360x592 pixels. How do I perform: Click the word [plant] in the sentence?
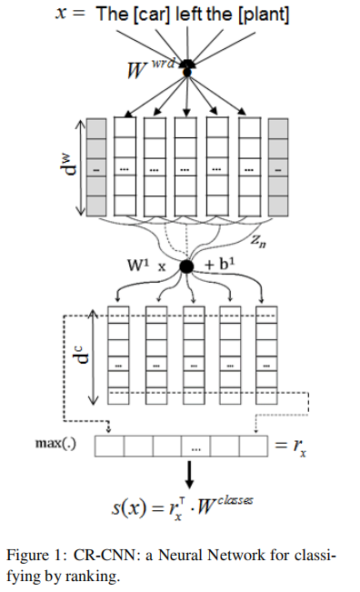(265, 16)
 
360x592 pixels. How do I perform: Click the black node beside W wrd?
(189, 65)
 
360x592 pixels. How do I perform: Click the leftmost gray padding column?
(97, 168)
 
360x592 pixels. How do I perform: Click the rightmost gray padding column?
(278, 168)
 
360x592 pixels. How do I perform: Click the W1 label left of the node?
(140, 266)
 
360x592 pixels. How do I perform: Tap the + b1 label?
(223, 266)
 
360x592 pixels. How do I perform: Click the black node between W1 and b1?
(188, 266)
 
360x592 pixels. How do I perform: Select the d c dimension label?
(81, 355)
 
